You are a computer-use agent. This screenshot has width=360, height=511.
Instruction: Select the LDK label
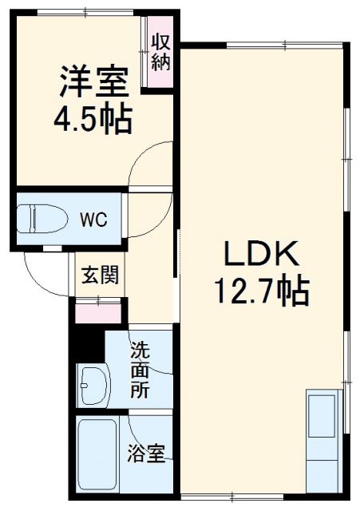point(260,255)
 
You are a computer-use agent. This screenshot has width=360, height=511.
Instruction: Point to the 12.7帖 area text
point(260,292)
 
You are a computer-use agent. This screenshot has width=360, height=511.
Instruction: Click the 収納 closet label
point(161,50)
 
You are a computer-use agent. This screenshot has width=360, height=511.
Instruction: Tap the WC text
point(92,218)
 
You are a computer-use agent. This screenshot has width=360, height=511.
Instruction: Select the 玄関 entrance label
point(100,275)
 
